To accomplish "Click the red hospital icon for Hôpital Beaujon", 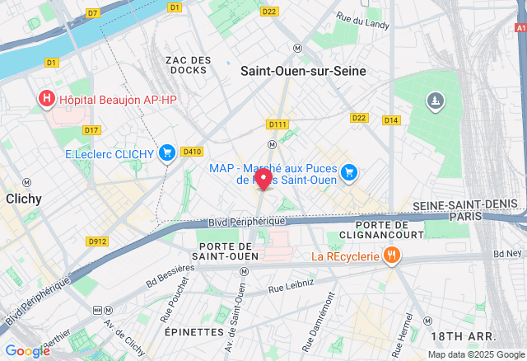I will pos(47,100).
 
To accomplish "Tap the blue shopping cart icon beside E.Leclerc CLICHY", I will pos(167,152).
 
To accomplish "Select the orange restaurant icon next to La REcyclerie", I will pos(392,256).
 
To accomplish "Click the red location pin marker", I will pos(263,179).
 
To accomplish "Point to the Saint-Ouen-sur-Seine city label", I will pos(303,72).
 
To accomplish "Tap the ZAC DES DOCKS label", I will pos(188,65).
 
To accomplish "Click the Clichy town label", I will pos(24,199).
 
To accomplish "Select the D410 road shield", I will pos(192,151).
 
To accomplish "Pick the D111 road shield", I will pos(277,124).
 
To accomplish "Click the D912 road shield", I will pos(97,241).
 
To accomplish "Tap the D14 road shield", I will pos(391,120).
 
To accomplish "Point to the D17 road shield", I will pos(91,130).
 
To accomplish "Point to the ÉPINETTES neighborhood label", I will pos(194,331).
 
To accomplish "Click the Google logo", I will pos(27,351).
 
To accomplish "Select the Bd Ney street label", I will pos(508,254).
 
